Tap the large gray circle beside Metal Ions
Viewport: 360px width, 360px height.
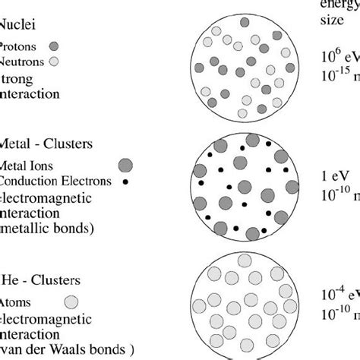[x=125, y=164]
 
